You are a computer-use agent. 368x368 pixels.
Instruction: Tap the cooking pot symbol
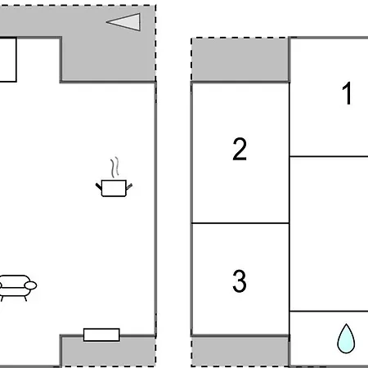coord(114,188)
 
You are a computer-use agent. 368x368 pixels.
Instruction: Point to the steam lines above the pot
coord(115,167)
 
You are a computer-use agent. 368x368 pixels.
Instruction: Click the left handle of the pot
coord(99,186)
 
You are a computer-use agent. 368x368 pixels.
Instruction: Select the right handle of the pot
coord(129,186)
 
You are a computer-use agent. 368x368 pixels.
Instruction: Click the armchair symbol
coord(17,288)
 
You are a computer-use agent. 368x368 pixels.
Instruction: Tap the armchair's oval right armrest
coord(30,285)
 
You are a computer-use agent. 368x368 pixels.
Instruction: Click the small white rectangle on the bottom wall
coord(101,334)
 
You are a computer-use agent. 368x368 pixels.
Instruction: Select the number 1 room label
coord(348,93)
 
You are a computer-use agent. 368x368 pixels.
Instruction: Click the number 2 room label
coord(240,149)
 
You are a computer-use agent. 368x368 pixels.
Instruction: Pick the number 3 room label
coord(240,281)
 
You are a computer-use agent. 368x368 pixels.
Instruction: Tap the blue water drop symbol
coord(346,339)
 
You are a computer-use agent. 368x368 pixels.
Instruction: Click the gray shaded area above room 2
coord(240,59)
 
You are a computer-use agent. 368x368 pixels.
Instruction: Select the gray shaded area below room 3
coord(240,352)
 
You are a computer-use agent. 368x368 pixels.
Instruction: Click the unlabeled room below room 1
coord(329,234)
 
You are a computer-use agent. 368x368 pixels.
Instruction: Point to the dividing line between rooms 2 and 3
coord(240,223)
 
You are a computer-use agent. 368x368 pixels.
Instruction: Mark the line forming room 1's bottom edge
coord(329,156)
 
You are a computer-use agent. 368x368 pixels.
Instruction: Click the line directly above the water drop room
coord(329,311)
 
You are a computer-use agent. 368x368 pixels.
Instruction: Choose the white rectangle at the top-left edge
coord(8,60)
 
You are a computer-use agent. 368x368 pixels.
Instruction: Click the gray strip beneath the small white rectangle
coord(108,352)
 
